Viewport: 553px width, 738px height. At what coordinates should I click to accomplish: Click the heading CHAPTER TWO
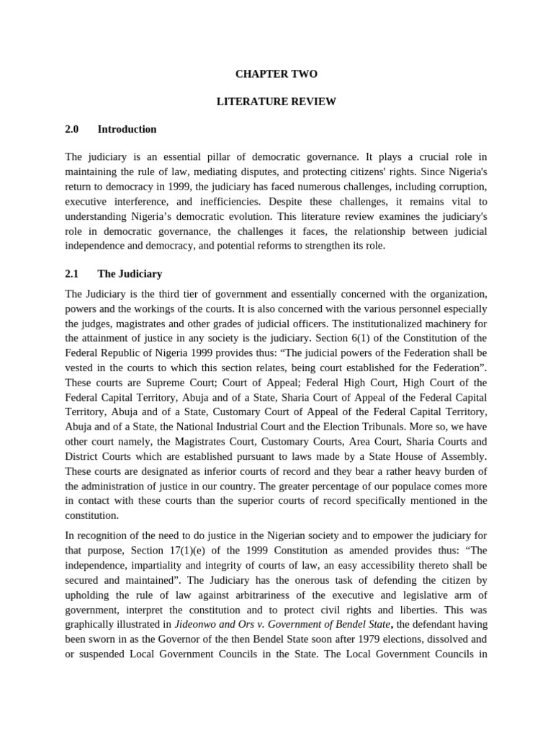click(276, 74)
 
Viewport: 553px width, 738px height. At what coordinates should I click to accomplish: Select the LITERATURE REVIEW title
click(276, 102)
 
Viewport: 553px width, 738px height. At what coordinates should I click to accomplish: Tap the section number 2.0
click(71, 129)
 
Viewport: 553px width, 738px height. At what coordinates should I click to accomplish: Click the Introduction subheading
click(127, 129)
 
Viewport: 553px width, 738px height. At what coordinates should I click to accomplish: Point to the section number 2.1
click(71, 274)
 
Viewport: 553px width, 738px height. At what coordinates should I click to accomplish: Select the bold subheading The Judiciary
click(130, 274)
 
